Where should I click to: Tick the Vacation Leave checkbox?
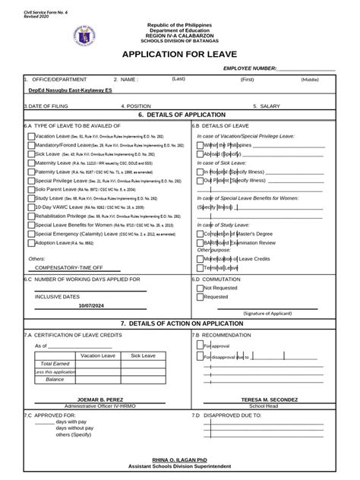(30, 137)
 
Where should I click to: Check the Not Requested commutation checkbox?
(200, 289)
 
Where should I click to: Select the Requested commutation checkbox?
(200, 297)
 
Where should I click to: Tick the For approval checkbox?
(200, 345)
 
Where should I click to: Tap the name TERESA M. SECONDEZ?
(270, 399)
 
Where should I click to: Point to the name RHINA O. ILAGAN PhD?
(180, 461)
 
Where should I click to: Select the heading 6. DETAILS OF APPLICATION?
(180, 114)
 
